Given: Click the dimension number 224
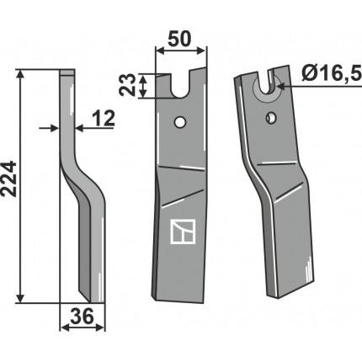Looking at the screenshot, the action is [x=8, y=178].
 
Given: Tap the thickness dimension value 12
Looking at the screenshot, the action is [x=104, y=118].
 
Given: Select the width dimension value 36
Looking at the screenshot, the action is [x=82, y=317].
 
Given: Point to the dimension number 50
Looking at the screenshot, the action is [x=179, y=39].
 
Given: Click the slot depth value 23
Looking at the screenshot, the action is [x=127, y=85].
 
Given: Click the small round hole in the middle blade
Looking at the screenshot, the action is [x=179, y=122].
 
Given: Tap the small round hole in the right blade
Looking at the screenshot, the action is [x=271, y=117].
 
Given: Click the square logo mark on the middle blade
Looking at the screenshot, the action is [x=183, y=232].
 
